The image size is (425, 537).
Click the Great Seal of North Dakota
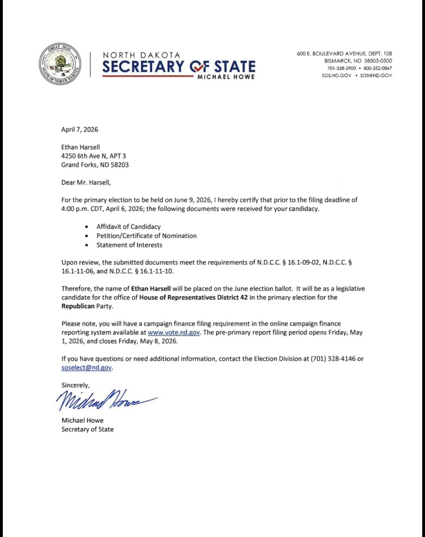(x=60, y=64)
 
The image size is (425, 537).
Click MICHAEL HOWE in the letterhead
(x=226, y=77)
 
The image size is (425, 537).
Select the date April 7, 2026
(x=80, y=129)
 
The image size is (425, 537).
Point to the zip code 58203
(x=119, y=165)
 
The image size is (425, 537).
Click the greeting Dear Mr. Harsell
(x=86, y=182)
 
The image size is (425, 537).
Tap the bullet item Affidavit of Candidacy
(x=128, y=227)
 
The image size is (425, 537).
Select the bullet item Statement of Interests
(x=129, y=245)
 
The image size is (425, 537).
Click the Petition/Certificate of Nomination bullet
(x=146, y=236)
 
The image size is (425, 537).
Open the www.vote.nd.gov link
(x=174, y=332)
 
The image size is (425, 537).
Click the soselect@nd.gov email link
(x=87, y=368)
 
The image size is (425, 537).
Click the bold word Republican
(x=78, y=306)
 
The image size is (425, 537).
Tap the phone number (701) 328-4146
(x=333, y=359)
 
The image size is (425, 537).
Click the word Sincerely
(x=75, y=385)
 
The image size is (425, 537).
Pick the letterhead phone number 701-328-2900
(x=341, y=68)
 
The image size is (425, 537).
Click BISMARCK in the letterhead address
(x=338, y=61)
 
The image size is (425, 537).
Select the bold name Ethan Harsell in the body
(x=151, y=288)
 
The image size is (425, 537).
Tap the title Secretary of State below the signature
(x=87, y=429)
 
